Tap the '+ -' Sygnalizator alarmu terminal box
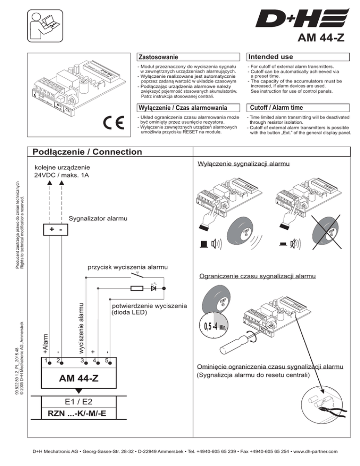coord(56,230)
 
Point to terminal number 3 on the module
coord(82,361)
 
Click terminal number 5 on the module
coord(107,361)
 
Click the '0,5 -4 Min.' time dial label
coord(214,325)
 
